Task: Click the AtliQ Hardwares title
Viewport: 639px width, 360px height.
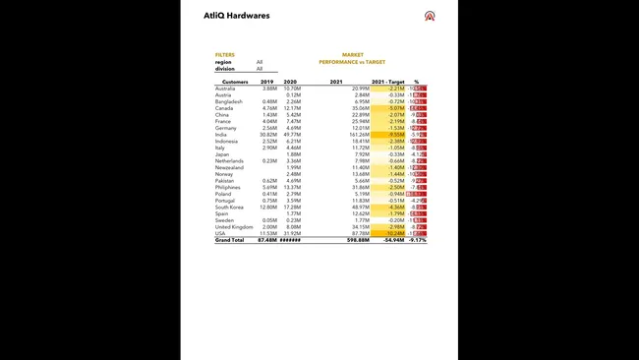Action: [237, 16]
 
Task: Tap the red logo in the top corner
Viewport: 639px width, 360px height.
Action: [429, 16]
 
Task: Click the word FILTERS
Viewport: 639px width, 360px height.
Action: [225, 55]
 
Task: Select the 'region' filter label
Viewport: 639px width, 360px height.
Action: [223, 62]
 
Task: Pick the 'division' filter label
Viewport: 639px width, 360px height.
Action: [225, 69]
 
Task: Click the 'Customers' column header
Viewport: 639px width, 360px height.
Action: [235, 82]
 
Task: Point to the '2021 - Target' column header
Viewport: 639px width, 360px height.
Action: [388, 82]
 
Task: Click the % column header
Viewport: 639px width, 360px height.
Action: [416, 82]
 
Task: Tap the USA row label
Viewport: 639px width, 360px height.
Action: [219, 233]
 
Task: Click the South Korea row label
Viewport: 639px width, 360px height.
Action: [229, 207]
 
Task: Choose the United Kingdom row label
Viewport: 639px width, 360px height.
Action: [233, 226]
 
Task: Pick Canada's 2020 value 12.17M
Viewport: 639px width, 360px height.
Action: [292, 107]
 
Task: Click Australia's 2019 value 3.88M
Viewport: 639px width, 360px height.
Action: [268, 88]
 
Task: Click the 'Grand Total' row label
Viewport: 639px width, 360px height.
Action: [229, 240]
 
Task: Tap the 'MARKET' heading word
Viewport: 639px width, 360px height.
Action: [353, 55]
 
